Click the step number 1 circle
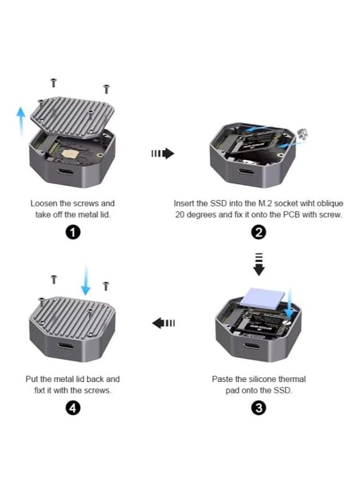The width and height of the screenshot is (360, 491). pos(73,233)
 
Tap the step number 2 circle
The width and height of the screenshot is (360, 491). pos(259,233)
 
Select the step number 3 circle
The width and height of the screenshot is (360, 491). pos(259,408)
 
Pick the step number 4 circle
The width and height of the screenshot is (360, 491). pos(73,408)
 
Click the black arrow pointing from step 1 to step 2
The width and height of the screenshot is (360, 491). pos(163,154)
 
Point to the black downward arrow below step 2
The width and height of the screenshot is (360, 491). pos(259,264)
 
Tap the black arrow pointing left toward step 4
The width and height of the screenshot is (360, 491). pos(163,323)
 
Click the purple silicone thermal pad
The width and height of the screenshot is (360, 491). pos(262,298)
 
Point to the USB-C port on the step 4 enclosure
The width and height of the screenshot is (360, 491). pos(65,347)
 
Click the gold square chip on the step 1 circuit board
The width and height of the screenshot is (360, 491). pos(68,154)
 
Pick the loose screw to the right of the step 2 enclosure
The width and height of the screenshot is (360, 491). pos(303,134)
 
